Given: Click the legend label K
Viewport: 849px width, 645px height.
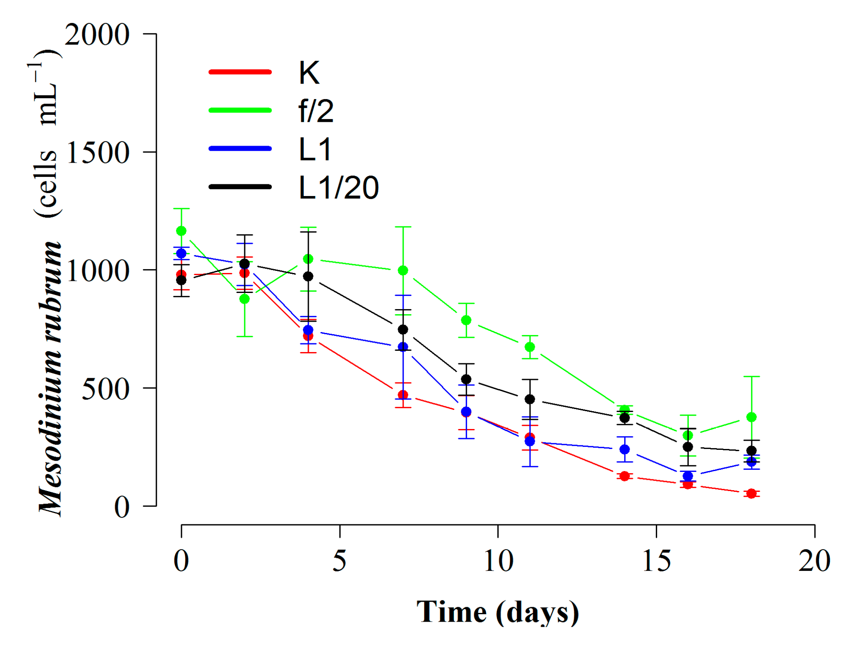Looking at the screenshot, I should [x=309, y=73].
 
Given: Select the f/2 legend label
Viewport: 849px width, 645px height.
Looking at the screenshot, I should [x=316, y=111].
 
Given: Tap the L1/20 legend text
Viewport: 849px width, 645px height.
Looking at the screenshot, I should [x=338, y=188].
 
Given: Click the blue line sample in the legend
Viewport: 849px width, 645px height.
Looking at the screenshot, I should [x=240, y=149].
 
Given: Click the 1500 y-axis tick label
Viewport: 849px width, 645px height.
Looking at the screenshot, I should [x=97, y=153].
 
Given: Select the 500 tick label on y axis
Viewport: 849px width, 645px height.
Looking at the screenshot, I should [x=105, y=389].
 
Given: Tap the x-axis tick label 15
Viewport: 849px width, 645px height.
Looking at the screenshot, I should [x=656, y=561].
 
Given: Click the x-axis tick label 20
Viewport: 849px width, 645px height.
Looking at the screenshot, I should [x=814, y=561].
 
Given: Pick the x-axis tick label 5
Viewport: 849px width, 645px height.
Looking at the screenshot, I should [x=340, y=561].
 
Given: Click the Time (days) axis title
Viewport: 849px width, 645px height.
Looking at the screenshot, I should [x=497, y=612].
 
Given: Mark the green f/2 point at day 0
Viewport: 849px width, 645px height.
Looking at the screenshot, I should [x=181, y=231].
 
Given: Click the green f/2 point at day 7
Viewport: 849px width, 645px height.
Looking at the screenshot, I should [x=403, y=270].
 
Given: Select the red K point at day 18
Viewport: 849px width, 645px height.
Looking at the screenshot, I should [x=751, y=494].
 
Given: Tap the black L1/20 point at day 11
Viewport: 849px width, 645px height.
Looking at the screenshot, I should [x=530, y=399].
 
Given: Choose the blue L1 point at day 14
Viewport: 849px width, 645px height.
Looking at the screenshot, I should [x=625, y=449].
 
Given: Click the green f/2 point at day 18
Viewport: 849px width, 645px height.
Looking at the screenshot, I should [x=751, y=417].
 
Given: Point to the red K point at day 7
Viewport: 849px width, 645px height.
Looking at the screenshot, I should [x=403, y=395].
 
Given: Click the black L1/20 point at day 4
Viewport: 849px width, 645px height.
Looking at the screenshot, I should [x=308, y=276].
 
